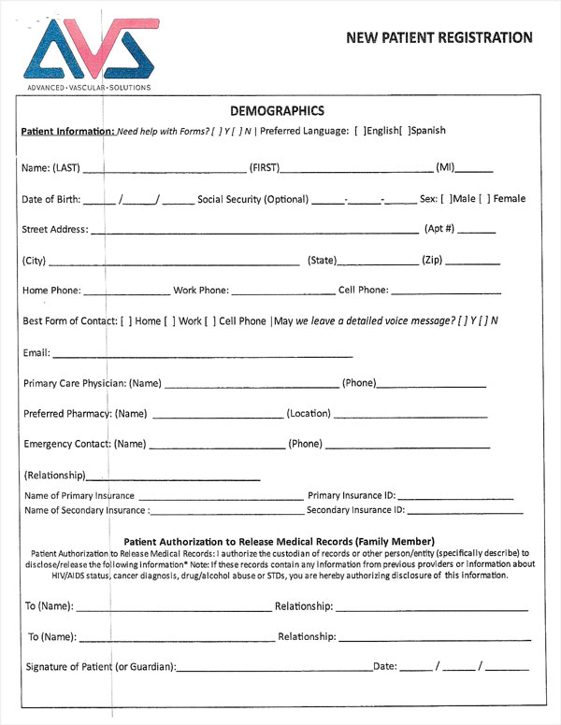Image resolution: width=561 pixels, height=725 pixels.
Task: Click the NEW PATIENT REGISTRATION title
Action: click(439, 37)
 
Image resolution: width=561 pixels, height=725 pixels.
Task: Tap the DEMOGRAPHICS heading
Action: click(276, 110)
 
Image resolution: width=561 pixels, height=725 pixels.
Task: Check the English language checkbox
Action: click(360, 132)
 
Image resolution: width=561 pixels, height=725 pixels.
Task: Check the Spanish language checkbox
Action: click(404, 132)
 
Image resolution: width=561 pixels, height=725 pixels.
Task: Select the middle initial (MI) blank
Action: click(475, 169)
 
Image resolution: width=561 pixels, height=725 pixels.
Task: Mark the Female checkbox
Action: click(484, 199)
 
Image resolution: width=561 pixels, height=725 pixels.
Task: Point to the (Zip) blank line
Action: click(472, 261)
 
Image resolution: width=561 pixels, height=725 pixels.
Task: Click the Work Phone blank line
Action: click(282, 291)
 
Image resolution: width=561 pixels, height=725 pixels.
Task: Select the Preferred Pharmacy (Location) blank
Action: click(411, 414)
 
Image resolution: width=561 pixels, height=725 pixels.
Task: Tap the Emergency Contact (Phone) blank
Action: click(407, 445)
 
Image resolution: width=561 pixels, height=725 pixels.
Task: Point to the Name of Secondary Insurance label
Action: click(85, 510)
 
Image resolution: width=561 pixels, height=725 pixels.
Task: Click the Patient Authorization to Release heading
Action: click(279, 542)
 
